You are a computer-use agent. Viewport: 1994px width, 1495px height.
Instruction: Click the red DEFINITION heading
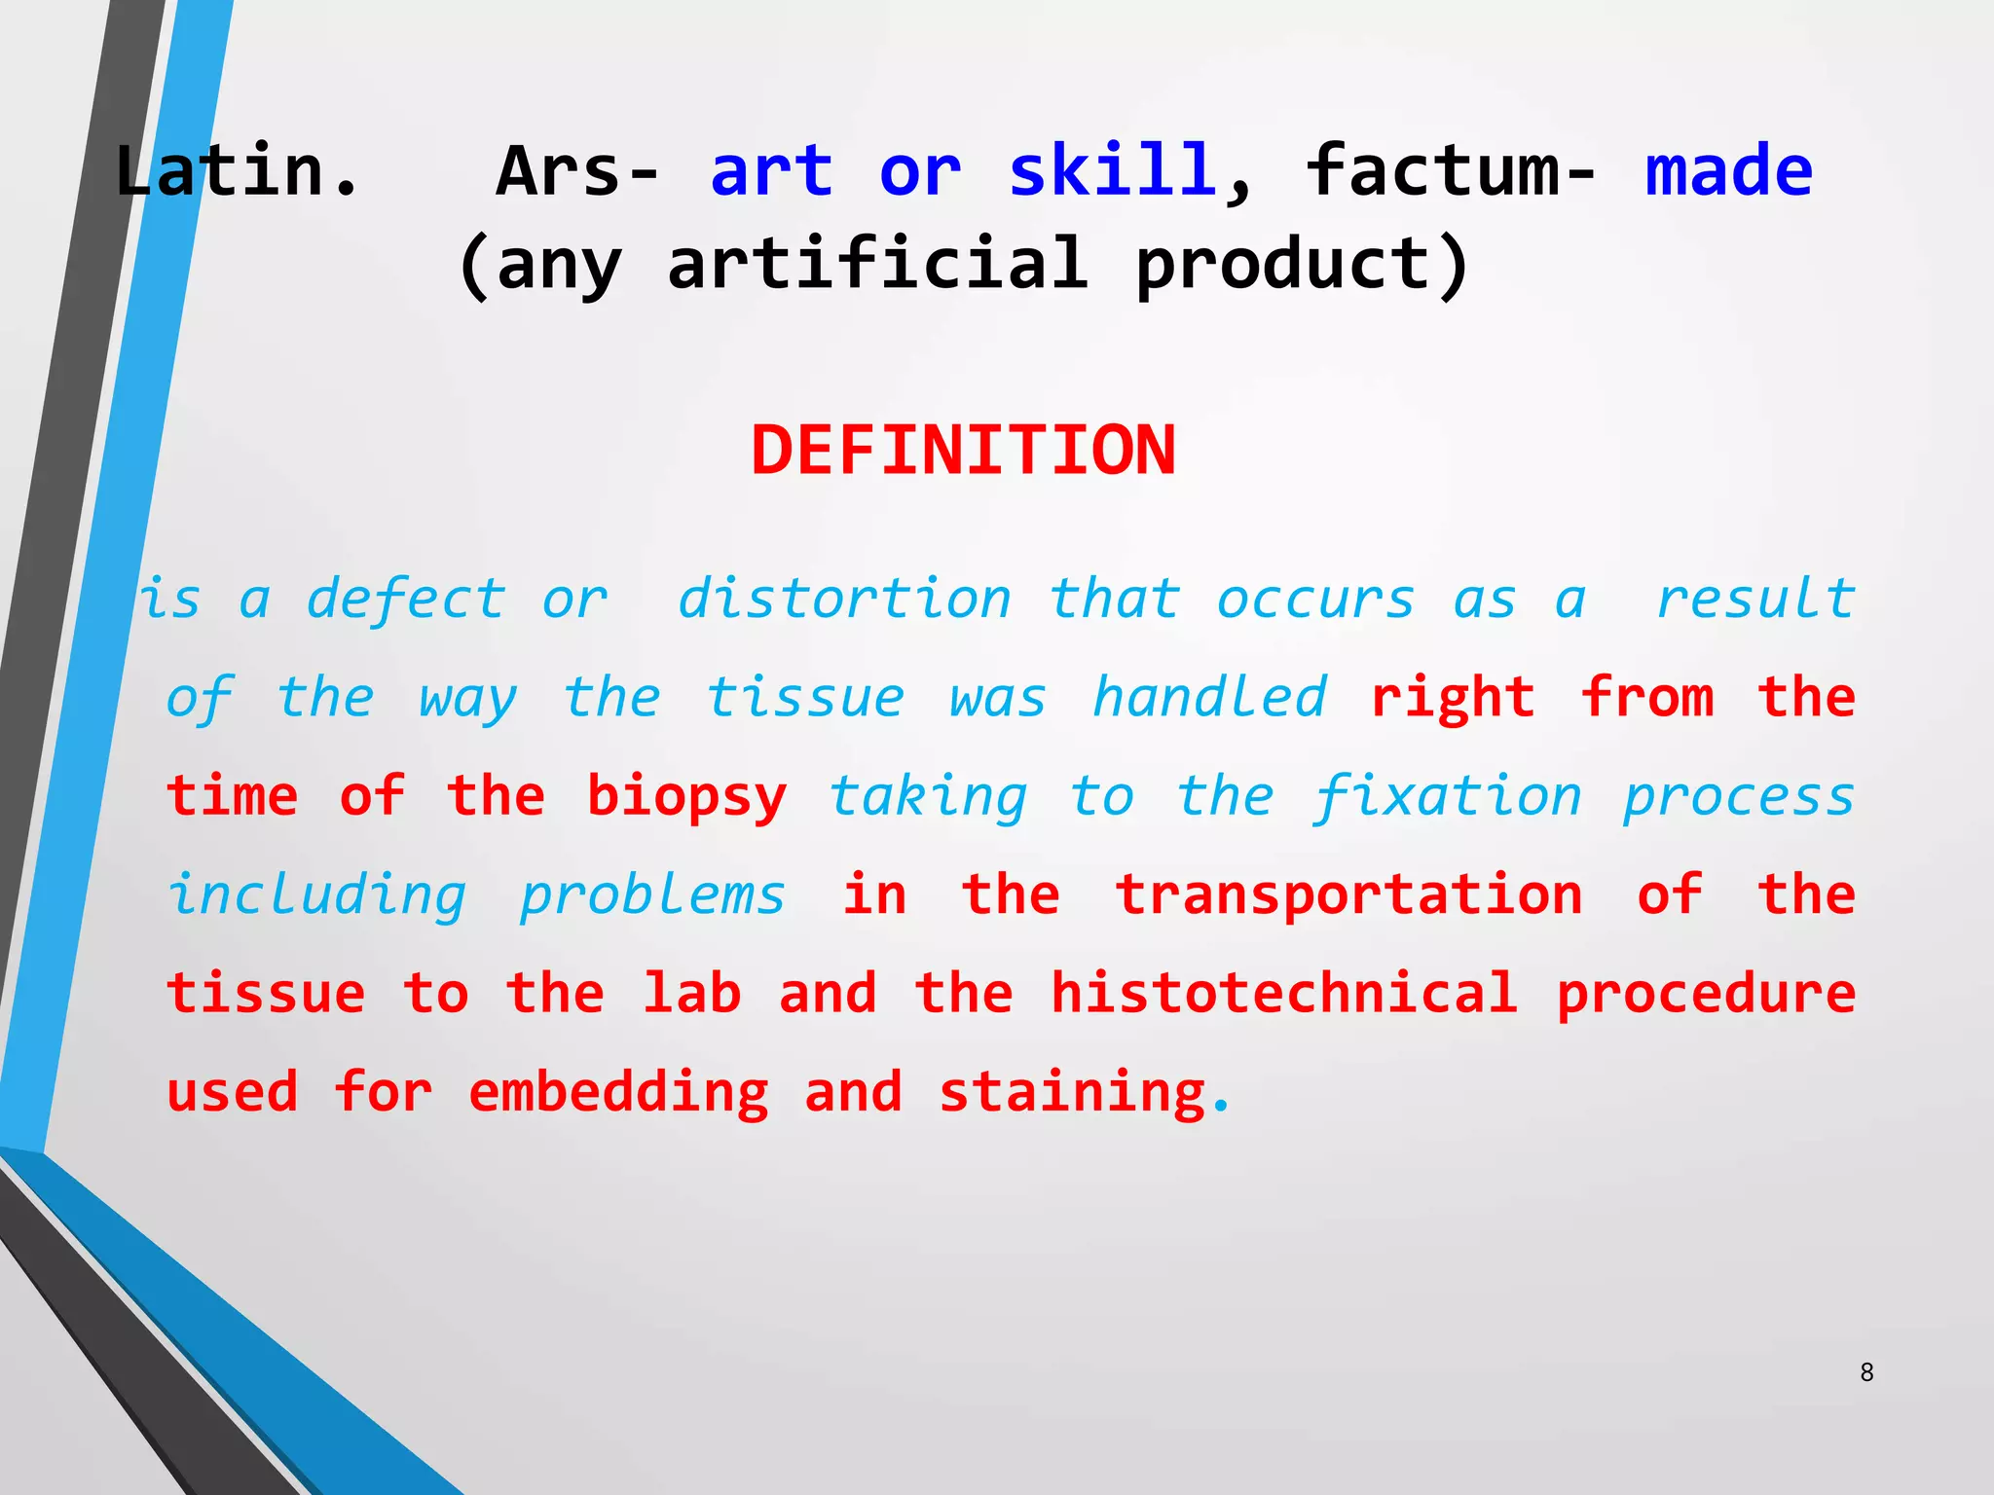click(x=963, y=451)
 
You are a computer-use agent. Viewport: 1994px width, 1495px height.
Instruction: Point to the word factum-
click(x=1451, y=171)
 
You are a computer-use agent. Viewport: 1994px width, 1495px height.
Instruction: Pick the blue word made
click(x=1728, y=171)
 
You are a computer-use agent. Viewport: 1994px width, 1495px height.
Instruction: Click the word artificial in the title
click(x=877, y=265)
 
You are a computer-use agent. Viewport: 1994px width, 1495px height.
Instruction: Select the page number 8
click(x=1866, y=1372)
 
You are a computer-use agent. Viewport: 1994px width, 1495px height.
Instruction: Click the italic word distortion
click(x=844, y=598)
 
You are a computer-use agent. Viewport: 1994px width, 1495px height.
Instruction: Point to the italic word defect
click(x=406, y=598)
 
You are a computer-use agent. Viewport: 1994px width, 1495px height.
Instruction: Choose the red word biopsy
click(x=686, y=797)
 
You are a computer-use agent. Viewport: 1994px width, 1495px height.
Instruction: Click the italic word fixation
click(x=1448, y=797)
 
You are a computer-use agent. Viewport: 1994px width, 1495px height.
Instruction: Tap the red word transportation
click(x=1349, y=895)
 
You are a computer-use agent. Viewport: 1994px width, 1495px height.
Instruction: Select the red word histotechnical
click(x=1284, y=994)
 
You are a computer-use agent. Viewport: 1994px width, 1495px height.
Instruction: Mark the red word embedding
click(x=618, y=1093)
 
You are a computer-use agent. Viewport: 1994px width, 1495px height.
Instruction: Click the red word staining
click(x=1073, y=1093)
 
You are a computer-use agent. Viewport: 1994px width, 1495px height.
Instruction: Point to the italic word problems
click(x=651, y=895)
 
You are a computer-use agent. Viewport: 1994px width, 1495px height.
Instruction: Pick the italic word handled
click(x=1209, y=698)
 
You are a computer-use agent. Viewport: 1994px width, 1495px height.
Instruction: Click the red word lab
click(x=691, y=994)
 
